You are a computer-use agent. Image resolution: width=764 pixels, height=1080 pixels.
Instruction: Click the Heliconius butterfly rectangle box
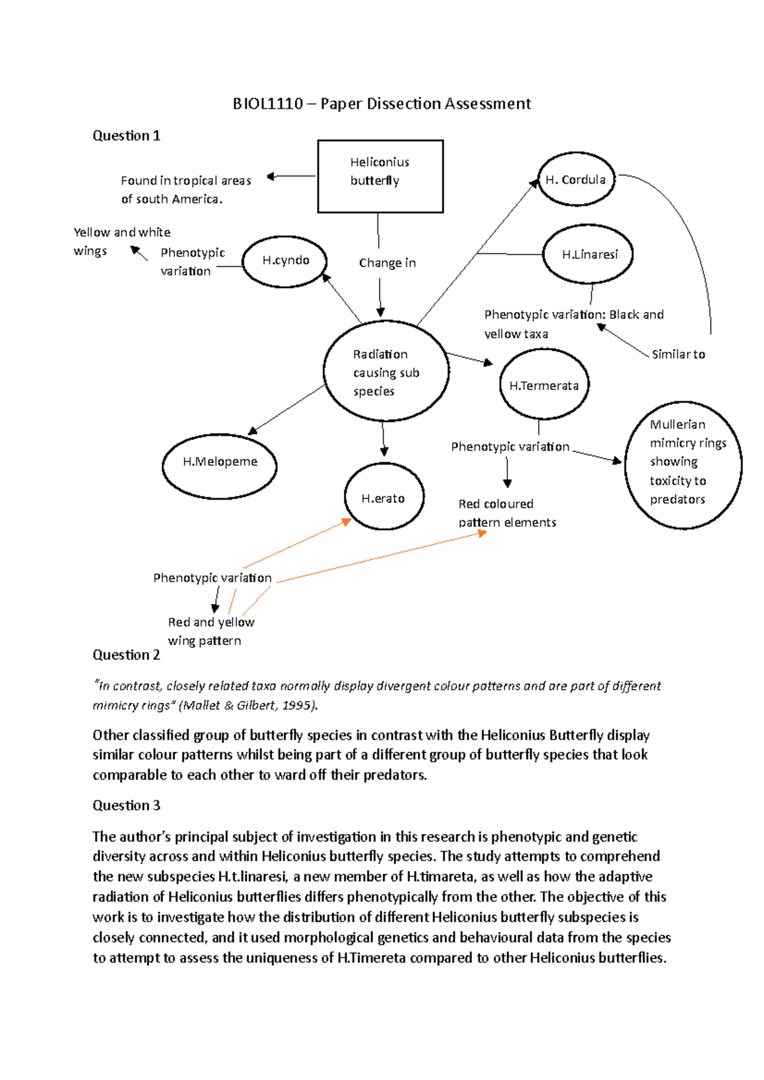[x=380, y=176]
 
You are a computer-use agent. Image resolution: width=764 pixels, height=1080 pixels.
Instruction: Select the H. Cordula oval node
[x=576, y=179]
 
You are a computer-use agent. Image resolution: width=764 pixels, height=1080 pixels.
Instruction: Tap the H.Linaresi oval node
[x=588, y=254]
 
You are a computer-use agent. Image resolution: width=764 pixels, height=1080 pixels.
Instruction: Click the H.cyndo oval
[x=285, y=261]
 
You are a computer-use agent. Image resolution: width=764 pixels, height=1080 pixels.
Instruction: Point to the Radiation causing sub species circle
[x=386, y=371]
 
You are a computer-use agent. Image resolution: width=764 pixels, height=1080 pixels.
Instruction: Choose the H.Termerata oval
[x=544, y=385]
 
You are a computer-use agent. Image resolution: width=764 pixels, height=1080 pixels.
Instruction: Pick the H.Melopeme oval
[x=220, y=466]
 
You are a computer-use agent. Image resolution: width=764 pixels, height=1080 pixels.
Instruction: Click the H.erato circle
[x=383, y=497]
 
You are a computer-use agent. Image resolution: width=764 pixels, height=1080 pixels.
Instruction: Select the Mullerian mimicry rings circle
[x=683, y=464]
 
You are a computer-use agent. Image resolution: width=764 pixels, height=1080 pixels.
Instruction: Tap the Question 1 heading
[x=126, y=135]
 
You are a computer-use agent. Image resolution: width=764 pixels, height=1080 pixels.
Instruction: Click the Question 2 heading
[x=126, y=654]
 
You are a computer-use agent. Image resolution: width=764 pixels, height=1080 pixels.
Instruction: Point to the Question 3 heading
[x=126, y=805]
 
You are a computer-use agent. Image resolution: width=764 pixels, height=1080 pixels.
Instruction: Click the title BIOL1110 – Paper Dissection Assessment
[x=381, y=104]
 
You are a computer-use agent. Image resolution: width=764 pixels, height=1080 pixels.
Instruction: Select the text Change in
[x=387, y=263]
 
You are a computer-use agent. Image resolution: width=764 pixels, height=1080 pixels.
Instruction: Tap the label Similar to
[x=678, y=354]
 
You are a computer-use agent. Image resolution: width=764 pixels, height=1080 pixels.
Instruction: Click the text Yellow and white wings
[x=121, y=241]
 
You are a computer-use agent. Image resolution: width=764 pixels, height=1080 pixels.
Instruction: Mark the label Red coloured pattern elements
[x=507, y=513]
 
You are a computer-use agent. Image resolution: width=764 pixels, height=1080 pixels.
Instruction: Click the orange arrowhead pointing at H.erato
[x=347, y=522]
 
